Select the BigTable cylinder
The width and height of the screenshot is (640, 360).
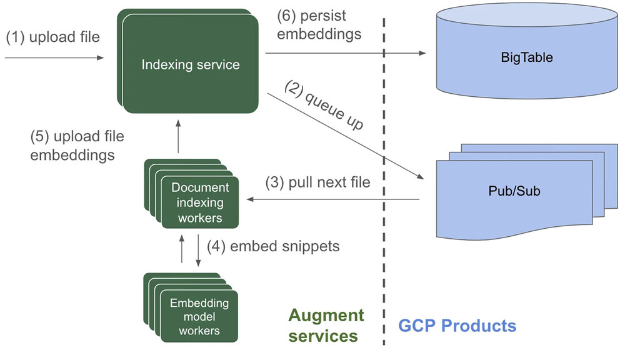click(527, 51)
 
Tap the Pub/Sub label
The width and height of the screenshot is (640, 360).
click(514, 191)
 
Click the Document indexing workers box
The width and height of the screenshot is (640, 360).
click(191, 194)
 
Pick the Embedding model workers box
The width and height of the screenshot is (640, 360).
click(191, 307)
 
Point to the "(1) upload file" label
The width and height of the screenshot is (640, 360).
click(52, 37)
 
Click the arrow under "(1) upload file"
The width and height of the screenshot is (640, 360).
click(54, 58)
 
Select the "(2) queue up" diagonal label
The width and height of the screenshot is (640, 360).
click(323, 105)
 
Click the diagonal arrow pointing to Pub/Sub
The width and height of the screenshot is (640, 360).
click(346, 136)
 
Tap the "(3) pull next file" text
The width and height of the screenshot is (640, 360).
click(318, 182)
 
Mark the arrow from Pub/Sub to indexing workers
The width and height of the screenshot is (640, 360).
click(333, 199)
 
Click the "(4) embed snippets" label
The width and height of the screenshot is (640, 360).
click(273, 246)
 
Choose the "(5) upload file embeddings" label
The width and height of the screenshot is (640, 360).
click(77, 146)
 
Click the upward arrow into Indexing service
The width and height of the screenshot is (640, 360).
click(178, 136)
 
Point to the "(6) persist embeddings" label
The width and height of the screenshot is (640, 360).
click(319, 25)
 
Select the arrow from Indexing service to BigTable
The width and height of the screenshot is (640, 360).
click(346, 53)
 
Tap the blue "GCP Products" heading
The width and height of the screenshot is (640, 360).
click(457, 326)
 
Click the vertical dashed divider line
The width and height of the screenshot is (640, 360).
click(384, 182)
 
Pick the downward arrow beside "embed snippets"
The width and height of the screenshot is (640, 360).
click(198, 251)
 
